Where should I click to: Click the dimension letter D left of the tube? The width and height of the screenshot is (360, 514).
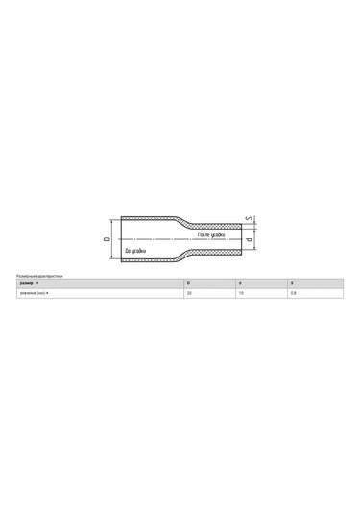click(x=106, y=237)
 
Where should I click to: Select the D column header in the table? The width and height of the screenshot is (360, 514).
click(x=188, y=284)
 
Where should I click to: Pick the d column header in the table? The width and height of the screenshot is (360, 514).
click(x=240, y=284)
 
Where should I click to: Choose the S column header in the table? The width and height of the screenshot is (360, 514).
click(x=292, y=284)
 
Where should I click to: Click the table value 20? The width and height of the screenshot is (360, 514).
click(x=189, y=293)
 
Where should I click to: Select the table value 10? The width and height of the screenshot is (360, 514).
click(x=241, y=293)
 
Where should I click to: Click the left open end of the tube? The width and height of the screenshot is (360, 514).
click(x=120, y=237)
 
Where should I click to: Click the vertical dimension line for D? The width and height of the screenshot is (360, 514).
click(x=112, y=237)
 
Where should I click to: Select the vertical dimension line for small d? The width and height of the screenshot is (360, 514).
click(x=253, y=237)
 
